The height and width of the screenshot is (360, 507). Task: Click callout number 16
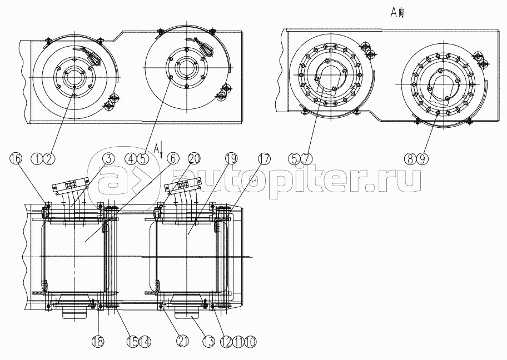[15, 158]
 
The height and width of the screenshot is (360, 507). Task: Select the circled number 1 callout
[40, 158]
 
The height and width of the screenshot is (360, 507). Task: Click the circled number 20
[193, 158]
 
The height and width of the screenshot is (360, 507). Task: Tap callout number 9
[422, 158]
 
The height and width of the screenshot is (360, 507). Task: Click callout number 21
[166, 340]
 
